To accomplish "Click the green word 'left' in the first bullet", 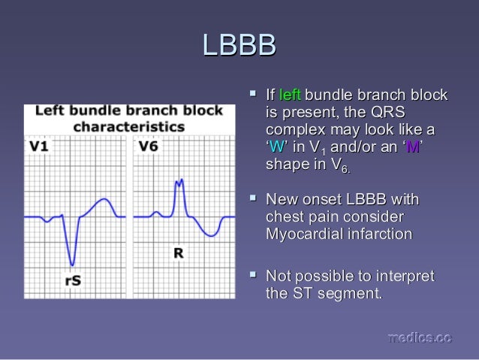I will pos(289,95).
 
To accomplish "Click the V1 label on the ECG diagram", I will pos(39,146).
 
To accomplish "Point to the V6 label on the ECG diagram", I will pos(148,146).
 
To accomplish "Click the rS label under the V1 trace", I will pos(73,280).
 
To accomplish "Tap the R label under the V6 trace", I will pos(179,253).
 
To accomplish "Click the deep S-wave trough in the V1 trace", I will pos(72,264).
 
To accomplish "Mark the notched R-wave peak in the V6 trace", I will pos(179,183).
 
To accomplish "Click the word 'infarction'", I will pos(378,234).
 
